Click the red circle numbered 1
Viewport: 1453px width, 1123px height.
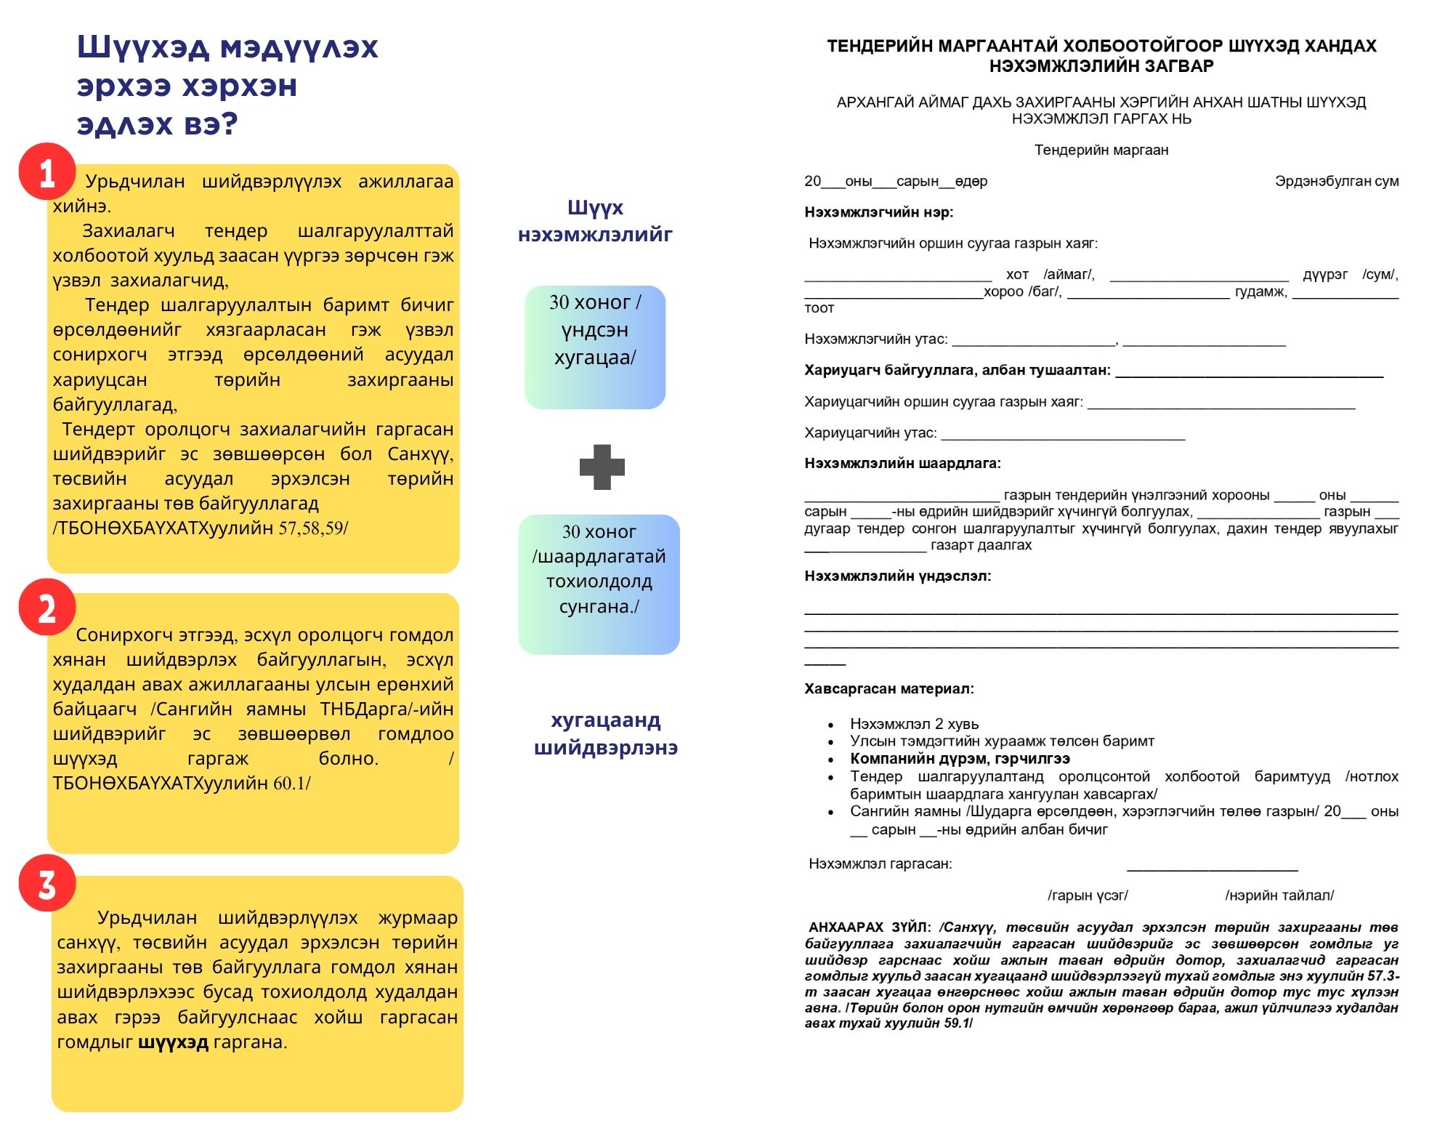(x=47, y=172)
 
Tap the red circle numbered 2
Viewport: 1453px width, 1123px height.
(x=47, y=608)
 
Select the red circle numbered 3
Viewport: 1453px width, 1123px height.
(x=47, y=884)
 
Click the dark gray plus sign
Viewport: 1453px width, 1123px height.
(x=602, y=467)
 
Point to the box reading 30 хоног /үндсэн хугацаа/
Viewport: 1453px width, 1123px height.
(x=595, y=347)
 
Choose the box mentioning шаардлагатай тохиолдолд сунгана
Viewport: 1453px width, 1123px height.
(x=599, y=584)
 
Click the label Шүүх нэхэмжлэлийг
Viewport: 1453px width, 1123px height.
(x=595, y=221)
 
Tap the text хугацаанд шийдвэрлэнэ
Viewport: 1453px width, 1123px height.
(x=605, y=733)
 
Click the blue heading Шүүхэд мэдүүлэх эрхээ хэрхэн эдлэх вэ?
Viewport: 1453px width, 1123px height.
(x=227, y=85)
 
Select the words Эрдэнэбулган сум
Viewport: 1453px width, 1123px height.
(x=1336, y=181)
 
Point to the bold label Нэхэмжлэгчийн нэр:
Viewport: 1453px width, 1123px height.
(x=878, y=212)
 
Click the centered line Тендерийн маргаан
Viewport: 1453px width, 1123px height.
(x=1101, y=150)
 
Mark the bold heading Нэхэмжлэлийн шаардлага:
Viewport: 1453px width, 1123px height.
(x=902, y=464)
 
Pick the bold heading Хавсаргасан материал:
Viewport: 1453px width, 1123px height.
(x=889, y=688)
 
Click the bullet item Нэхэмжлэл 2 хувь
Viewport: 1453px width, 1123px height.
(x=914, y=724)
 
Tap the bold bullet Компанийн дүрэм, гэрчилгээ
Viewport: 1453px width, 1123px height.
(x=960, y=759)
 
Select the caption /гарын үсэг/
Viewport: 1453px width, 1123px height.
(x=1088, y=895)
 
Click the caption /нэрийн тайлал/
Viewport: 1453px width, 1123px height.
(x=1279, y=895)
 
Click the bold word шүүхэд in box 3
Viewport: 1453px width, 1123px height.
(x=173, y=1042)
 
